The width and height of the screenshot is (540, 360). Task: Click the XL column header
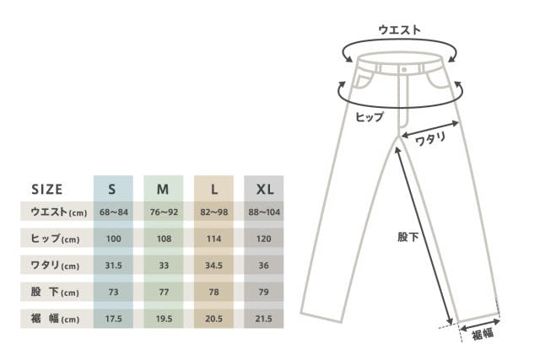(x=265, y=190)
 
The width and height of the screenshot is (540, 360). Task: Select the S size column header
(x=112, y=190)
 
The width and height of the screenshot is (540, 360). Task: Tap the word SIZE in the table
(x=47, y=190)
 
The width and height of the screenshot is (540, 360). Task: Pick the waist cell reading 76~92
(x=164, y=212)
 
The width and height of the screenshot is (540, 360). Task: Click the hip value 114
(x=213, y=239)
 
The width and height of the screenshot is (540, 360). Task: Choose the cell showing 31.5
(x=113, y=266)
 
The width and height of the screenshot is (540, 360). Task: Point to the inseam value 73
(x=113, y=293)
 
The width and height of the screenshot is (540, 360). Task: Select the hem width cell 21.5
(x=264, y=319)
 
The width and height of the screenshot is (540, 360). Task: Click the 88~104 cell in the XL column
(x=264, y=212)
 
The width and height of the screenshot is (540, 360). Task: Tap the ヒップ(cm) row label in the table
(x=55, y=239)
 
